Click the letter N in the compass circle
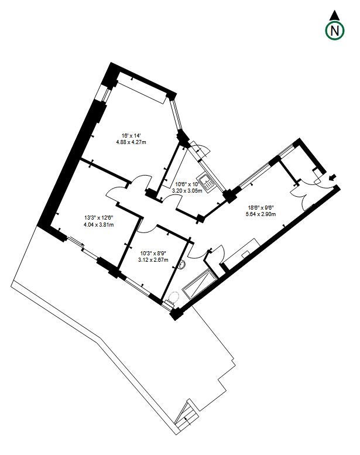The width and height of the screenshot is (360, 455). (x=334, y=30)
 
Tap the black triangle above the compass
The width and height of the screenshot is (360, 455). (x=334, y=16)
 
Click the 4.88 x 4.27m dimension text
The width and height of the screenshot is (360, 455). (x=131, y=142)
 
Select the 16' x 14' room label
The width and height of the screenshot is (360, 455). (x=131, y=136)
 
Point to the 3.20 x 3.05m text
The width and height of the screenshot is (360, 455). (x=187, y=191)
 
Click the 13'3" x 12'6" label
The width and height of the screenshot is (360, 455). (x=98, y=218)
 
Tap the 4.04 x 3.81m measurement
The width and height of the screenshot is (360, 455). (x=98, y=224)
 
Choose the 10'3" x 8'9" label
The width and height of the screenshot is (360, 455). (x=153, y=254)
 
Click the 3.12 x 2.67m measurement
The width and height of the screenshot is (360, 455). (x=153, y=260)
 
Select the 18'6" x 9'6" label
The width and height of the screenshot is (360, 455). (x=261, y=208)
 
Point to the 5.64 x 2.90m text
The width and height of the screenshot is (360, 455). (x=260, y=214)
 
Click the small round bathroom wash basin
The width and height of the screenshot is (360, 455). (x=183, y=265)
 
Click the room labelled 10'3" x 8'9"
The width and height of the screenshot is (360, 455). (x=153, y=261)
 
